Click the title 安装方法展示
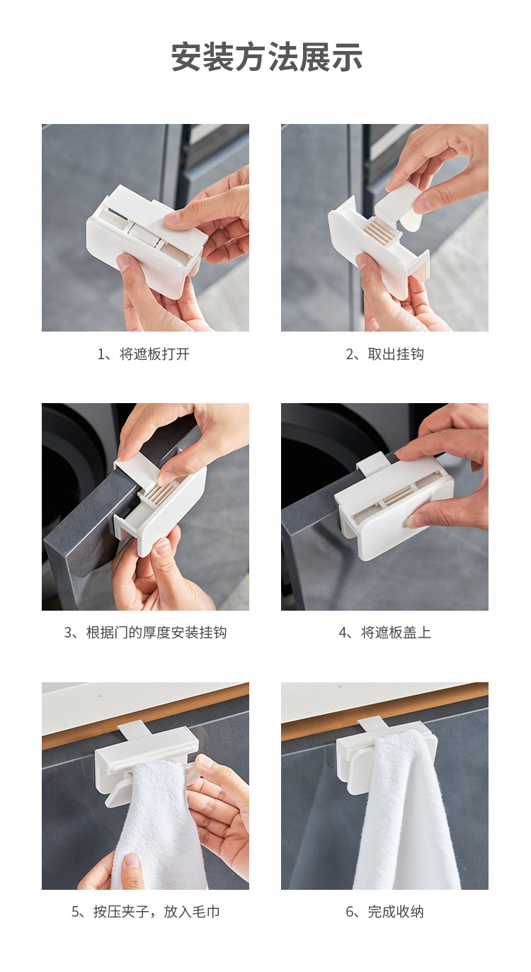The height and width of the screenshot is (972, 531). pos(266,57)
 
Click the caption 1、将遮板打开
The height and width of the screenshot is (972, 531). pos(144,354)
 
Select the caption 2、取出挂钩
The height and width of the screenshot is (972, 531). pos(384,354)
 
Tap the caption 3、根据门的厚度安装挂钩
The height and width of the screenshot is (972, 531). pos(145,633)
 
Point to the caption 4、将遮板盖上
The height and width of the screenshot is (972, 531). pos(384,633)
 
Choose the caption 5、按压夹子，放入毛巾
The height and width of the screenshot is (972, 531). pos(145,912)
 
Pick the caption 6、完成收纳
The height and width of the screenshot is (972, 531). pos(384,912)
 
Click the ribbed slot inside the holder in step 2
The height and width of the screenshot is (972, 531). pos(382,229)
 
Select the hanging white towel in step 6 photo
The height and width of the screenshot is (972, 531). pos(406,811)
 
